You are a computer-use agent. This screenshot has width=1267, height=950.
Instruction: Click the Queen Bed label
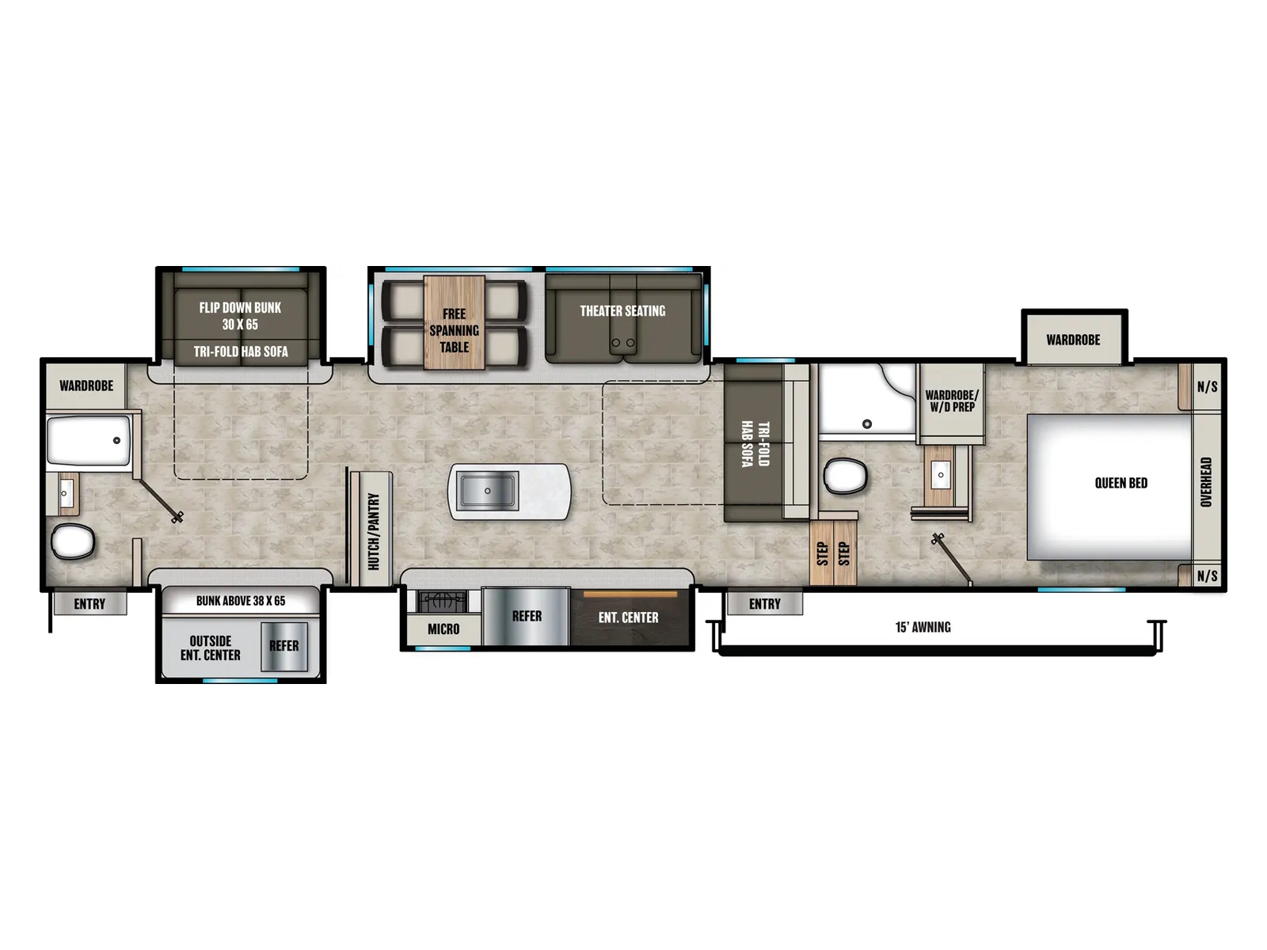click(x=1121, y=483)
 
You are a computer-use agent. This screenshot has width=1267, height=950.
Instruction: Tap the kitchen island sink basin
click(x=487, y=490)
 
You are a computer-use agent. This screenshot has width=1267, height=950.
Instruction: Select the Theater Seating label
click(x=622, y=311)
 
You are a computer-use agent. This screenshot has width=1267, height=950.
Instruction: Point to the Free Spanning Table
click(x=454, y=322)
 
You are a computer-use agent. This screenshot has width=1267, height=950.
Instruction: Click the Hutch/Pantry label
click(x=374, y=531)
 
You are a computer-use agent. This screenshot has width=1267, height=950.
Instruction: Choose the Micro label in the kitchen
click(x=443, y=629)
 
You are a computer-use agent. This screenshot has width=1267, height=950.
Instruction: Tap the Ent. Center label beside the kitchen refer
click(x=628, y=617)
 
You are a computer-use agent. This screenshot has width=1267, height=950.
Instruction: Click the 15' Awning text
click(x=923, y=627)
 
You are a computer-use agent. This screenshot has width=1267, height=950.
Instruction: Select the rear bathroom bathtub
click(x=89, y=441)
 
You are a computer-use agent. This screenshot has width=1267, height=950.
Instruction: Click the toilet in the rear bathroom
click(x=73, y=541)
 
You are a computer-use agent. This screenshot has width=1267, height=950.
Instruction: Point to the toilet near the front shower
click(x=845, y=476)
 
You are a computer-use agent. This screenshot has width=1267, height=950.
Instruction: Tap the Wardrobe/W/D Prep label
click(x=951, y=401)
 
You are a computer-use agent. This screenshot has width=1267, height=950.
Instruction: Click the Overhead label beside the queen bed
click(x=1205, y=482)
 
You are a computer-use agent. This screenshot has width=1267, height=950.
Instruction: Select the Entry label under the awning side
click(x=764, y=604)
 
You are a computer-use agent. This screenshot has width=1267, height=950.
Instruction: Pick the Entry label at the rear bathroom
click(x=89, y=604)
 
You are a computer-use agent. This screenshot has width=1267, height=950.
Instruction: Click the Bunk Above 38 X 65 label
click(x=240, y=601)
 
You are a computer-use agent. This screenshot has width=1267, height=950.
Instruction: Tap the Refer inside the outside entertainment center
click(x=283, y=646)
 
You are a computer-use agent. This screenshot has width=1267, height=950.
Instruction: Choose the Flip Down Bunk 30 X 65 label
click(x=240, y=316)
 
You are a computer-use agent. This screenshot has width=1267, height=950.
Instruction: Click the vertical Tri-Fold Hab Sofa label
click(x=755, y=443)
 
